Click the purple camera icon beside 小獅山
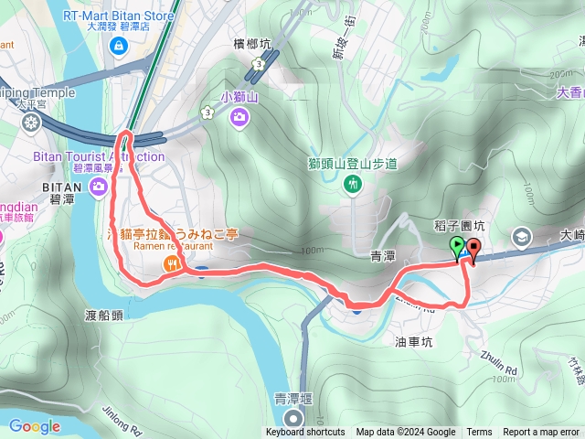coord(239,115)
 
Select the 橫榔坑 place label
coord(252,43)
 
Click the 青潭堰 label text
coord(293,399)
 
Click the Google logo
coord(34,426)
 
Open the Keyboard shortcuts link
coord(305,433)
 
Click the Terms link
coord(479,433)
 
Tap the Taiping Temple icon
coord(31,122)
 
